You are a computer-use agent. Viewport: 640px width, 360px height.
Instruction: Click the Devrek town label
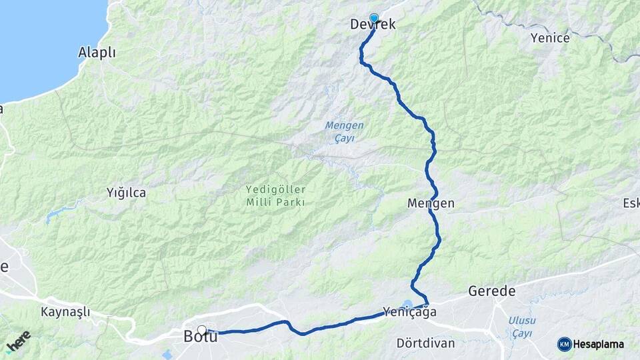pos(373,25)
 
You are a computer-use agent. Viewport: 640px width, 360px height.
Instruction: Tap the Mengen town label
pos(430,203)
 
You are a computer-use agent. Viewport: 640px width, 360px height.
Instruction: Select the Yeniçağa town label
pos(410,311)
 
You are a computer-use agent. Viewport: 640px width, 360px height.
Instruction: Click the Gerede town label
pos(492,291)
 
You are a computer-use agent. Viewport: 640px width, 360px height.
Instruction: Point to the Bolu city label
pos(200,337)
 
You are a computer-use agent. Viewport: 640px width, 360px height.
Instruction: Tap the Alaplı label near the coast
pos(97,52)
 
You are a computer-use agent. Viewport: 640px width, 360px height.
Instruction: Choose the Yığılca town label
pos(126,193)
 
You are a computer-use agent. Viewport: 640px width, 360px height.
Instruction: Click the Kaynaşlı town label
pos(65,312)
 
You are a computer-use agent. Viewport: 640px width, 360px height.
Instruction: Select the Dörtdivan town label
pos(425,343)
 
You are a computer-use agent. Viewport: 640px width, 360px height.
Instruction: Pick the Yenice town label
pos(550,38)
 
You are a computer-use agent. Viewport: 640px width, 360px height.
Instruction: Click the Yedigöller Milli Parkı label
pos(275,196)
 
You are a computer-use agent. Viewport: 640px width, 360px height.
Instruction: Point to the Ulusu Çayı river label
pos(522,326)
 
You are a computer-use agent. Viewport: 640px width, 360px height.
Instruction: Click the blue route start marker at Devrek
pos(373,18)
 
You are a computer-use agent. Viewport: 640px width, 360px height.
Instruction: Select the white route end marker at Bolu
pos(202,329)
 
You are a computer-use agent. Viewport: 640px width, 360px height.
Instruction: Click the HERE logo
pos(19,341)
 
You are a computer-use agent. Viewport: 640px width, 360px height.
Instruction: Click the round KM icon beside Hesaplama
pos(564,344)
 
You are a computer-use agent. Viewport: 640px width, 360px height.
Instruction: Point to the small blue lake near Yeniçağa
pos(407,303)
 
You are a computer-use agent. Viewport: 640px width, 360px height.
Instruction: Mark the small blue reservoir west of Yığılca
pos(57,215)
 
